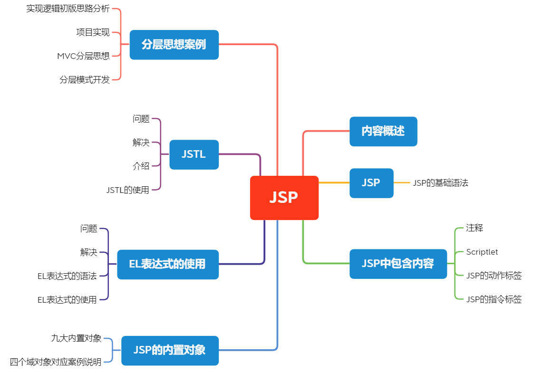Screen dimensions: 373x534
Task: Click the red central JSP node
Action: [284, 198]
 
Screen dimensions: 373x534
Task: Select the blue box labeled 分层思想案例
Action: [174, 45]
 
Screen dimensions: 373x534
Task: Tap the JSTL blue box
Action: [194, 154]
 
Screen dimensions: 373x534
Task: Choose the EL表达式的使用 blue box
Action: [167, 264]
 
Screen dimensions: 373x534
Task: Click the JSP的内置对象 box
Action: [170, 351]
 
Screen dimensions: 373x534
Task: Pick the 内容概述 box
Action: [383, 131]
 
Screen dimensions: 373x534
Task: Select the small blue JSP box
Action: [371, 183]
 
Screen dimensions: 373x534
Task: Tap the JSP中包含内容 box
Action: [398, 264]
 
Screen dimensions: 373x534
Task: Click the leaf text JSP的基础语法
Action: [440, 182]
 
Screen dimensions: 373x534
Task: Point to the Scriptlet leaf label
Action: [482, 252]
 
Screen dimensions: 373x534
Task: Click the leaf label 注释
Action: [474, 228]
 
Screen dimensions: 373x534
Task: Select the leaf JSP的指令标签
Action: [494, 299]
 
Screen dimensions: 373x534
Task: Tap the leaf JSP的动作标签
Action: [494, 276]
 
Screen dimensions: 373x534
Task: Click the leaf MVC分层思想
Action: [83, 56]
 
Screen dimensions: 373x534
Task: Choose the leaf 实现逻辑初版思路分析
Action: [68, 9]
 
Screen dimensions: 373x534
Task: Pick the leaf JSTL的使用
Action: [127, 190]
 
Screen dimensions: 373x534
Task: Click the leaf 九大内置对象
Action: [76, 338]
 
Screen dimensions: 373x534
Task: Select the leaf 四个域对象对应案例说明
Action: [56, 362]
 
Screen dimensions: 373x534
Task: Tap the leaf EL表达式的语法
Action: [67, 276]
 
